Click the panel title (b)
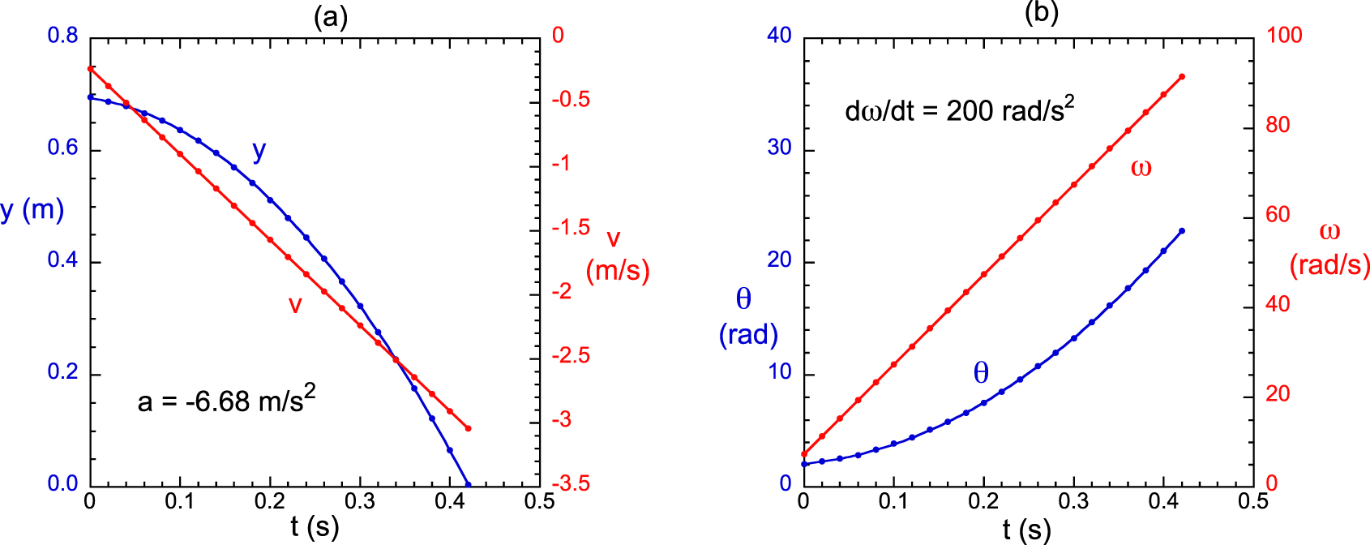point(1042,12)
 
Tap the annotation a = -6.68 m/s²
point(226,400)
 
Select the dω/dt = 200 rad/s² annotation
point(960,109)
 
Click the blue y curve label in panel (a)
point(259,151)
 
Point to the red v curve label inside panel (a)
point(295,305)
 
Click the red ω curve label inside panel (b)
point(1141,168)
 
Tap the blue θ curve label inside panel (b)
point(981,373)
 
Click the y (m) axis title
point(32,210)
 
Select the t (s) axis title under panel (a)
point(315,528)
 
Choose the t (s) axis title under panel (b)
point(1026,530)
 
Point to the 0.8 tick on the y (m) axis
point(63,36)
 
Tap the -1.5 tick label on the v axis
point(571,228)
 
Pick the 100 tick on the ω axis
point(1284,36)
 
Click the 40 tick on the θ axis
point(779,36)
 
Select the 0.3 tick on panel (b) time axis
point(1073,501)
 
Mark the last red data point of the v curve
point(469,428)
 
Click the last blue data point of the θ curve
point(1182,231)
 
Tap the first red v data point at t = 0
point(90,69)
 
